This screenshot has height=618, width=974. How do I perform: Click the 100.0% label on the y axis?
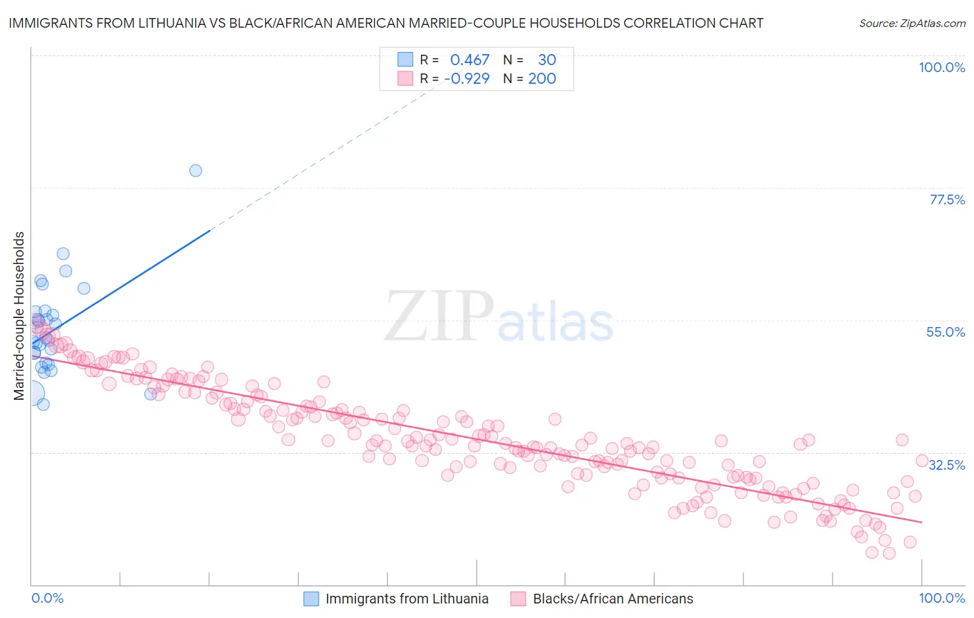tap(941, 67)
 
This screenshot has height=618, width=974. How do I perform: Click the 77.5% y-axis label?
tap(946, 200)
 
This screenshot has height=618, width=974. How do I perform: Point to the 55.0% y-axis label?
tap(945, 332)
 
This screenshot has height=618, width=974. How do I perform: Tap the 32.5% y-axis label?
tap(946, 464)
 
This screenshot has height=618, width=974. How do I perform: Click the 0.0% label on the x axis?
tap(47, 598)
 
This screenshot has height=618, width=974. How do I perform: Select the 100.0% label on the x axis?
tap(941, 598)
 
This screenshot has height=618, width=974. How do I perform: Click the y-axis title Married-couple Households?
tap(19, 316)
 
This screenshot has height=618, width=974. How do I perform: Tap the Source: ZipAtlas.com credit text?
tap(912, 23)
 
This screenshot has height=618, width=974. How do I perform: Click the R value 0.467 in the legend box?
tap(470, 60)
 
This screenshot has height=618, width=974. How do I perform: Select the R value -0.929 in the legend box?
tap(467, 78)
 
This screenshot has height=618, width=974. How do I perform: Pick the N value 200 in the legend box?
tap(542, 78)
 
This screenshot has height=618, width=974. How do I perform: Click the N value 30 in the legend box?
tap(547, 60)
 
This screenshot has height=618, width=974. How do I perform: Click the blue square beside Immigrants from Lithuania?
tap(311, 599)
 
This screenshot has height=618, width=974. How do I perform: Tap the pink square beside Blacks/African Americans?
tap(518, 599)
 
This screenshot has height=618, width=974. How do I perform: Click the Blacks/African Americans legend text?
tap(612, 599)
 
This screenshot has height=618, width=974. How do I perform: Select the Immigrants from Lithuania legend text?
tap(407, 599)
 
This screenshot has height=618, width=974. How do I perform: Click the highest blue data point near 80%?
tap(195, 170)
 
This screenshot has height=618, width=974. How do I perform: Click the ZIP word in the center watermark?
tap(439, 317)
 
